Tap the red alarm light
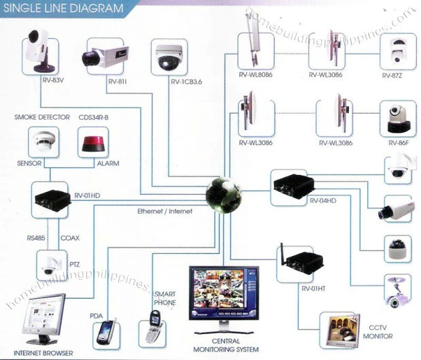coord(95,143)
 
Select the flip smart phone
coord(152,327)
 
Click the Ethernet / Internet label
coord(166,212)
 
